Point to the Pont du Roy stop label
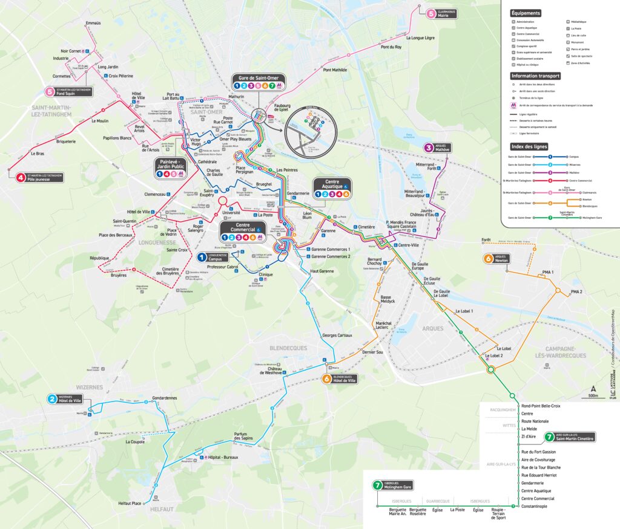tap(391, 47)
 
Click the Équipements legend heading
tap(526, 13)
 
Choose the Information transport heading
tap(535, 76)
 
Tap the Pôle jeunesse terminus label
tap(42, 177)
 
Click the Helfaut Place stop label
tap(130, 504)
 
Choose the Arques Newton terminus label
tap(500, 259)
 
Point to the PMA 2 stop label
tap(576, 292)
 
